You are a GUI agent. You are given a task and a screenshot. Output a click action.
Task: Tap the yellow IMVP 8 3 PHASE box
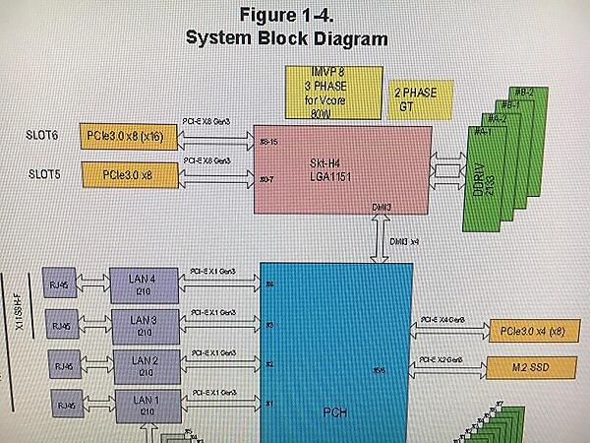click(x=320, y=92)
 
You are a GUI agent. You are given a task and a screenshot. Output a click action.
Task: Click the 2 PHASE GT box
click(x=421, y=98)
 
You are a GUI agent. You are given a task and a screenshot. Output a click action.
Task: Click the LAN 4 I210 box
click(x=145, y=282)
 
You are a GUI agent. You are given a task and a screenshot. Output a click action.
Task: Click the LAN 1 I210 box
click(x=145, y=403)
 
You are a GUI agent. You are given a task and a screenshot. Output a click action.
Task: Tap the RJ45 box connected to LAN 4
click(x=61, y=285)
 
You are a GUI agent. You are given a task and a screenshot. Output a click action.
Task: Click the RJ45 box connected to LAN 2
click(x=61, y=365)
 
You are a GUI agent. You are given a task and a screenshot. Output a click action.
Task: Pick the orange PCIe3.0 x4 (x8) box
click(x=529, y=331)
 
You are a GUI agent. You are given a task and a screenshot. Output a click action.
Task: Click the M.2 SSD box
click(x=529, y=370)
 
